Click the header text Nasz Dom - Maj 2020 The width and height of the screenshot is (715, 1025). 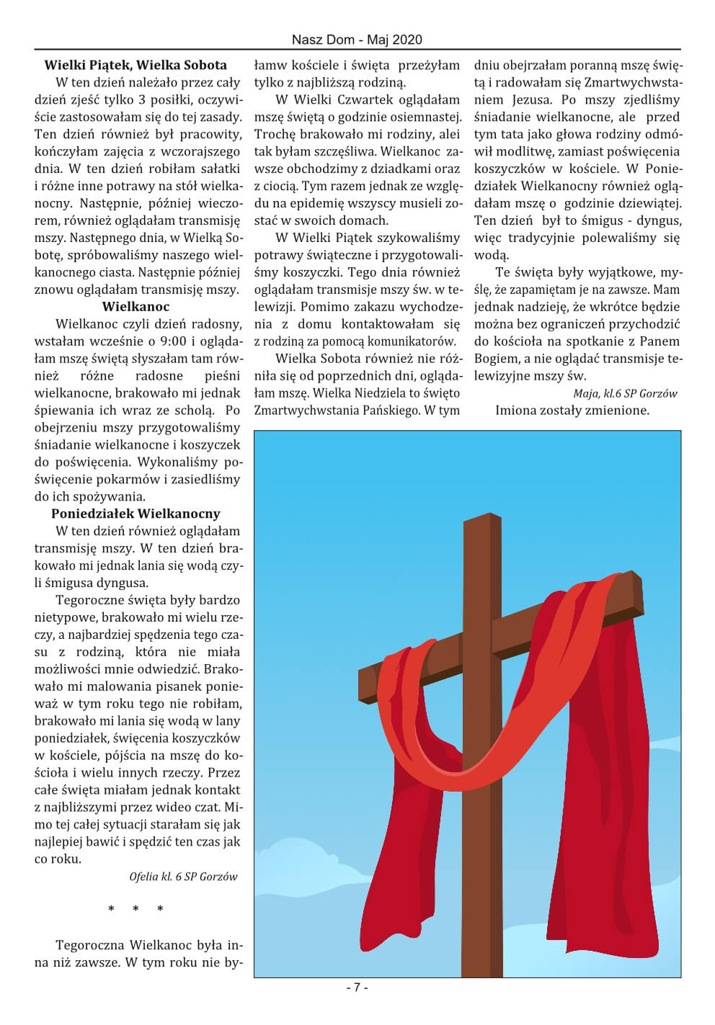(357, 40)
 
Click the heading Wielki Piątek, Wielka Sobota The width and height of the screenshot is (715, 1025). (136, 65)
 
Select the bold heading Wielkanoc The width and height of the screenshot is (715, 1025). (136, 307)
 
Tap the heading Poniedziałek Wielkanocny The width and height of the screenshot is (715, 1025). (136, 514)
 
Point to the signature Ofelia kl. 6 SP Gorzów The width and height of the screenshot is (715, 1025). (183, 877)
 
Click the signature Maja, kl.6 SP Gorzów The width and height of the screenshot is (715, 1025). (625, 393)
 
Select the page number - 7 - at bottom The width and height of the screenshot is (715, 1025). (357, 988)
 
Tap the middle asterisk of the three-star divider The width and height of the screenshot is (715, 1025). (136, 910)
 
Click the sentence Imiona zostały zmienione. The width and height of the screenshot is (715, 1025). (572, 411)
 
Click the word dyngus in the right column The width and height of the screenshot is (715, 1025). (659, 220)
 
